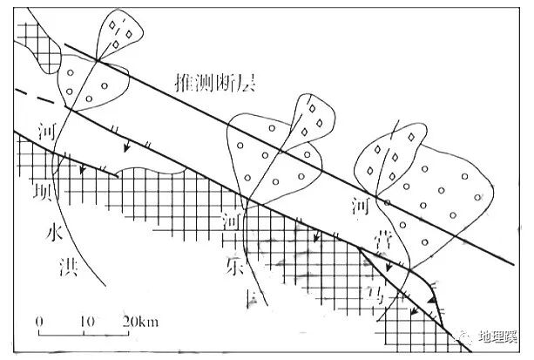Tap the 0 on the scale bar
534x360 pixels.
point(40,320)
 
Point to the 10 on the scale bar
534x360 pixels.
point(86,320)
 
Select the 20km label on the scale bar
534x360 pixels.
point(140,320)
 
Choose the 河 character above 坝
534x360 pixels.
point(48,133)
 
